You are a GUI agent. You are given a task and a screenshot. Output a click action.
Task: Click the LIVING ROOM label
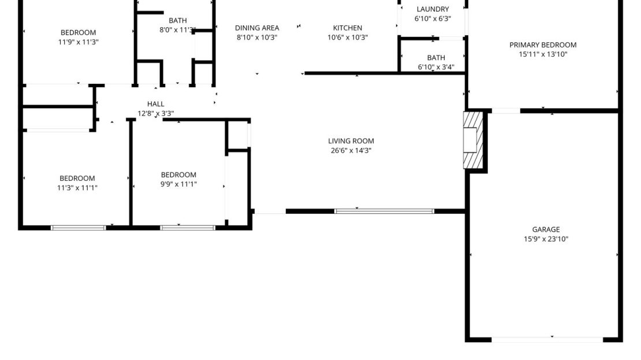(351, 141)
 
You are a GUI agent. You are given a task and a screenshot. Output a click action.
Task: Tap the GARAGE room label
(546, 229)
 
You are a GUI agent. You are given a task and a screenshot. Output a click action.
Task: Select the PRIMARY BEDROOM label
(543, 45)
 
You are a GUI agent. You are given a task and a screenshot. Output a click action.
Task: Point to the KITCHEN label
(348, 28)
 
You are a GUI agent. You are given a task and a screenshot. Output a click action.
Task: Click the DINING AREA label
(257, 28)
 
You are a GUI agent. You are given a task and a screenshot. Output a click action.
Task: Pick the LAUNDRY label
(433, 9)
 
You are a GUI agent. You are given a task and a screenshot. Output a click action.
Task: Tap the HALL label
(156, 104)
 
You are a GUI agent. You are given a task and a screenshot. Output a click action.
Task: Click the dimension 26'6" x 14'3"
(351, 151)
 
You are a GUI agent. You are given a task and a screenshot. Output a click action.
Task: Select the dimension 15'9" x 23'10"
(546, 239)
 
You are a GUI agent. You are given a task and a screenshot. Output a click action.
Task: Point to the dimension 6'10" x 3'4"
(436, 67)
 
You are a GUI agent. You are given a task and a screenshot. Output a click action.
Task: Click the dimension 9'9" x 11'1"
(178, 184)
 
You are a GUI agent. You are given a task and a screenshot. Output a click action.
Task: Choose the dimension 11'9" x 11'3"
(78, 42)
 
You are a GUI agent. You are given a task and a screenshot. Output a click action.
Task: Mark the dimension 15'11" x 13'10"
(543, 54)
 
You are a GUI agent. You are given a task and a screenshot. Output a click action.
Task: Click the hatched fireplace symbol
(473, 140)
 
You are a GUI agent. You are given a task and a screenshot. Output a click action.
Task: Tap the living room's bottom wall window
(384, 211)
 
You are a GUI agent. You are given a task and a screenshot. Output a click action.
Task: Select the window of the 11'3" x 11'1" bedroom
(78, 228)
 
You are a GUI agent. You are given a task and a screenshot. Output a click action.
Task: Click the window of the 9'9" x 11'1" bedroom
(188, 228)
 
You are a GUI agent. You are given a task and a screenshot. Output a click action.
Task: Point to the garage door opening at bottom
(547, 340)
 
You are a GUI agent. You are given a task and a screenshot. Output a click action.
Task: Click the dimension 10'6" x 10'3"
(348, 37)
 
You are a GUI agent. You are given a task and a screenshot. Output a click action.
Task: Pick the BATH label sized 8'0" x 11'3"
(177, 20)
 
